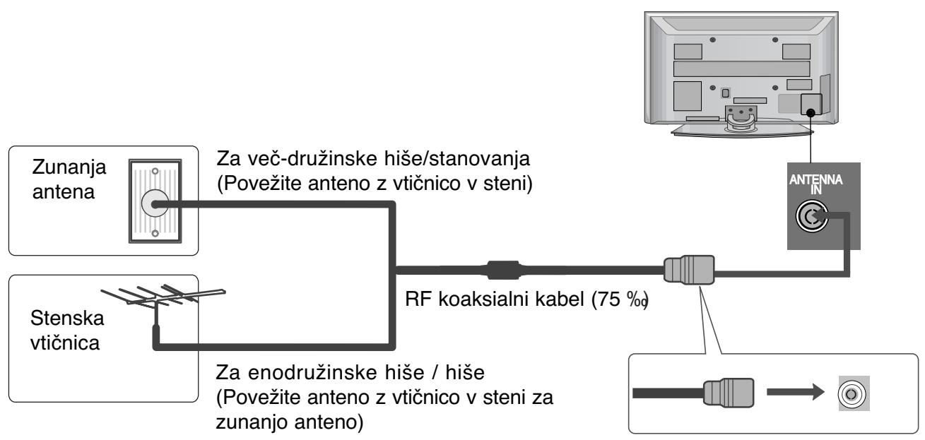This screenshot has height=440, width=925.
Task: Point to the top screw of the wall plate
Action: click(152, 171)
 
